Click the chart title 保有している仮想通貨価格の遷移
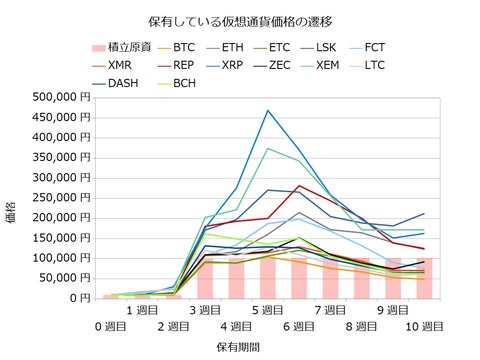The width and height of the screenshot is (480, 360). tap(240, 19)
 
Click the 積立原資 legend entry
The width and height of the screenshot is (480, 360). tap(116, 47)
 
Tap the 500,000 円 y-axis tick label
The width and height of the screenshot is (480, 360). tap(60, 97)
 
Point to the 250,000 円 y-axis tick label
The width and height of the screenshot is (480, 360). tap(60, 197)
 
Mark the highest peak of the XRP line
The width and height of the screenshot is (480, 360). tap(267, 110)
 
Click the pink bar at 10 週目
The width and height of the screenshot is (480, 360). tap(423, 277)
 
